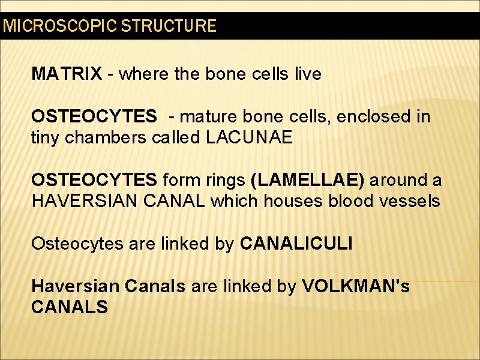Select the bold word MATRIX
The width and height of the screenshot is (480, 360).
[x=67, y=74]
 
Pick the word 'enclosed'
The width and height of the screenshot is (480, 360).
[x=374, y=116]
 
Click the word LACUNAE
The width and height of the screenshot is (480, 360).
[x=249, y=138]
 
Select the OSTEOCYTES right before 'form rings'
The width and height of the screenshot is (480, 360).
[x=94, y=180]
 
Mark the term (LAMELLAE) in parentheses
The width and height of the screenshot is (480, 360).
[x=307, y=180]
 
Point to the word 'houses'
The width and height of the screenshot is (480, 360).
[x=294, y=202]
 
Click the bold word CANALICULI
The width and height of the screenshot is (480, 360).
[x=296, y=244]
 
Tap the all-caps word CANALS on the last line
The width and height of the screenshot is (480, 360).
[x=70, y=307]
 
